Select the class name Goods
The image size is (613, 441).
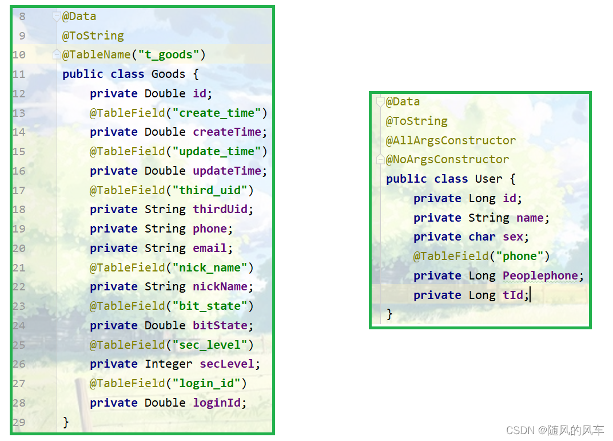point(168,74)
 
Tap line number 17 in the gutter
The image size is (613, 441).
point(18,190)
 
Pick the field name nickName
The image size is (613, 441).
point(220,287)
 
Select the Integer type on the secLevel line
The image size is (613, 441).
point(169,364)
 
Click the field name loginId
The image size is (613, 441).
point(217,403)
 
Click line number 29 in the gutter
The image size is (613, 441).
point(18,423)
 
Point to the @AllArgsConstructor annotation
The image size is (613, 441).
point(451,140)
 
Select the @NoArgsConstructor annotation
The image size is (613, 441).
point(447,159)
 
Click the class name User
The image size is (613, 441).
point(489,179)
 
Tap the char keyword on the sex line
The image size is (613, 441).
point(482,237)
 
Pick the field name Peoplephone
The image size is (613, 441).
point(540,276)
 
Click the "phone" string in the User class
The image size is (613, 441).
point(520,256)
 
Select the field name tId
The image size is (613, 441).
point(513,296)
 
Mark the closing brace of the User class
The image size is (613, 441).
point(389,314)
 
